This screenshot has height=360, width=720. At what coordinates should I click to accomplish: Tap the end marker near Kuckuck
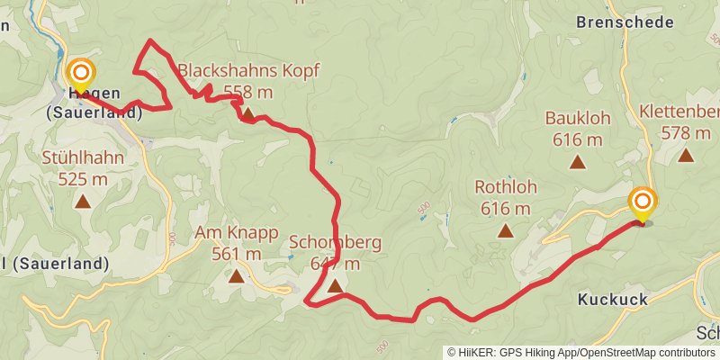tap(643, 202)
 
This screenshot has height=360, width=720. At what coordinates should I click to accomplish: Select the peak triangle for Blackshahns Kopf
tap(247, 114)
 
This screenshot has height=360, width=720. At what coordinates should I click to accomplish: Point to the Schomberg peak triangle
tap(335, 286)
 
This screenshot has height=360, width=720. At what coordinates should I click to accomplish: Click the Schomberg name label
tap(336, 242)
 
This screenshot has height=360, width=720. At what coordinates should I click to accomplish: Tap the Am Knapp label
tap(237, 232)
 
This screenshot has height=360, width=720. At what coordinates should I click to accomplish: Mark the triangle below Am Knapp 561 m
tap(236, 275)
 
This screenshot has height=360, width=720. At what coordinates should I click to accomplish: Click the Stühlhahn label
tap(83, 157)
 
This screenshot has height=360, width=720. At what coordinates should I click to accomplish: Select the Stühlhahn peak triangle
tap(83, 202)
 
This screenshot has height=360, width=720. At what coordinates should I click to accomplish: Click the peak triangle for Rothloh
tap(506, 230)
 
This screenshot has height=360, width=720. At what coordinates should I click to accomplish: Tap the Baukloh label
tap(575, 118)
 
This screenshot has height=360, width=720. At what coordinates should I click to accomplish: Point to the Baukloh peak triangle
tap(576, 162)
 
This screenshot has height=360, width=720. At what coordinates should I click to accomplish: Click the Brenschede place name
tap(624, 22)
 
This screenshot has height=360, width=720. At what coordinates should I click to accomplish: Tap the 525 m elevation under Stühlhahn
tap(83, 178)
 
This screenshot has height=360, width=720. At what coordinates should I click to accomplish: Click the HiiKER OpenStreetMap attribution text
tap(580, 352)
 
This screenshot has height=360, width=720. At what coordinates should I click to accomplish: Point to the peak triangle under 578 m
tap(686, 154)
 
